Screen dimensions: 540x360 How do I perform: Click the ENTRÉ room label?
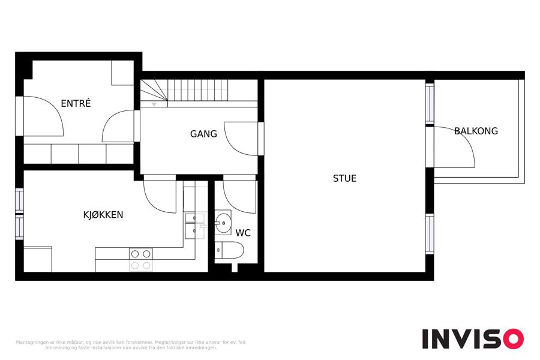(x=76, y=103)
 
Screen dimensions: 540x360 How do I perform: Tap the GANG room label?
(x=203, y=134)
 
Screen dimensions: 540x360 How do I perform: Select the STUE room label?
(x=344, y=178)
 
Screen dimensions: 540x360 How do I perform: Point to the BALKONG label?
(x=476, y=131)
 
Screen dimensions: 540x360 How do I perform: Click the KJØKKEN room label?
(x=103, y=215)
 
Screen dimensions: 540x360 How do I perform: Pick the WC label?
(x=243, y=233)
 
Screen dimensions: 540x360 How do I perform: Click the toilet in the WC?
(x=229, y=250)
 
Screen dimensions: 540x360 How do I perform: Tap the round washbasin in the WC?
(x=223, y=223)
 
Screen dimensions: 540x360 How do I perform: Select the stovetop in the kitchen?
(x=140, y=259)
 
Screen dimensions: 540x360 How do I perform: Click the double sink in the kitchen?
(x=195, y=226)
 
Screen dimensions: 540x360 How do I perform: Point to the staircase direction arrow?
(x=154, y=104)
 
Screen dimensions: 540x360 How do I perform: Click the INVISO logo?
(x=473, y=338)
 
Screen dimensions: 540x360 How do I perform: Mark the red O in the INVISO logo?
(x=514, y=338)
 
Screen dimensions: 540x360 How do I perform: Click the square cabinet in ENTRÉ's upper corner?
(x=122, y=73)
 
